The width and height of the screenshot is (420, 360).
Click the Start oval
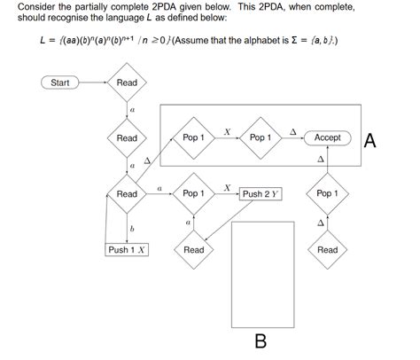60,82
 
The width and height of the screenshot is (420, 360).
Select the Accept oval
327,137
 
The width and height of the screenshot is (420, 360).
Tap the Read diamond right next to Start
127,82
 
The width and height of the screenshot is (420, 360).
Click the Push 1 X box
127,249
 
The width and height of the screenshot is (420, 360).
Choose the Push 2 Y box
261,193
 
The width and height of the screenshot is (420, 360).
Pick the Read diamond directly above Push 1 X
127,193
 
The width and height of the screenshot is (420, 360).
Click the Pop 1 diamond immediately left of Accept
261,137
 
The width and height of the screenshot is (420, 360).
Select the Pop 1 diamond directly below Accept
327,193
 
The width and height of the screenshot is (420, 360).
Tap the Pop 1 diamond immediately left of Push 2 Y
193,193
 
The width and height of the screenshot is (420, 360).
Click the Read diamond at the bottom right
327,249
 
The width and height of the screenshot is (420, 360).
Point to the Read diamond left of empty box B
193,249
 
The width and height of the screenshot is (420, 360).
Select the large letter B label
261,341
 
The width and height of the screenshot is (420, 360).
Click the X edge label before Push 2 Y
227,187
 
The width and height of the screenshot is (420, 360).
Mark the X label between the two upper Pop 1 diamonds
227,131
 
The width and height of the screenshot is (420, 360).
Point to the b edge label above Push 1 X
132,228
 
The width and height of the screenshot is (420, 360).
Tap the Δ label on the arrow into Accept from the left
293,131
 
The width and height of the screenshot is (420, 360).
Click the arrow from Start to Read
93,82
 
